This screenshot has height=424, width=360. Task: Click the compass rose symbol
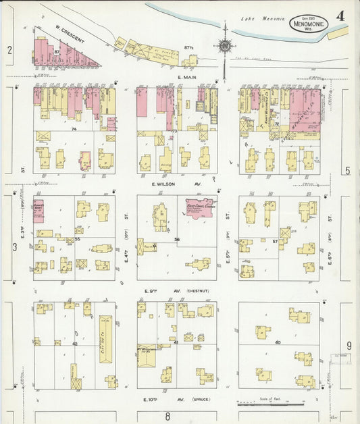pyautogui.click(x=225, y=47)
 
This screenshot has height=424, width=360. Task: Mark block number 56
pyautogui.click(x=177, y=239)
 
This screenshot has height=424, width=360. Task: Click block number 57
pyautogui.click(x=276, y=240)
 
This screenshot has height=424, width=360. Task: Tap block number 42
pyautogui.click(x=76, y=344)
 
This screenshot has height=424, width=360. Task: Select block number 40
pyautogui.click(x=278, y=342)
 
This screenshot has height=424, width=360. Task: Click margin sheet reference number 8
pyautogui.click(x=168, y=417)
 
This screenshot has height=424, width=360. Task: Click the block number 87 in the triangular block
pyautogui.click(x=57, y=52)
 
